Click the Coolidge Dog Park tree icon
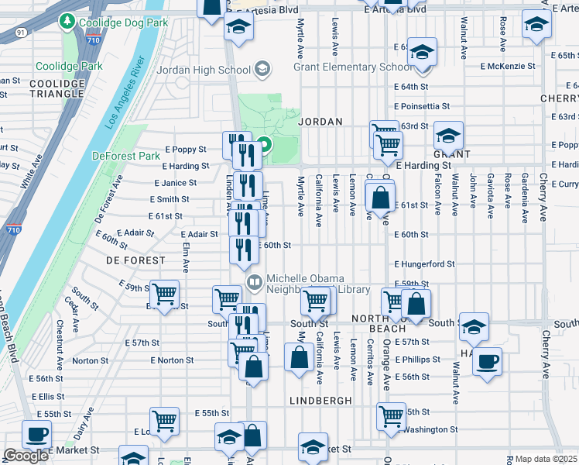pos(69,22)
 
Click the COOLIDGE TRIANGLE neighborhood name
pos(57,88)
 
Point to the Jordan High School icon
pos(262,70)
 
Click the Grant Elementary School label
pos(353,67)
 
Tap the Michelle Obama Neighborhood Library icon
pos(253,280)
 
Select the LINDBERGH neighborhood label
pos(320,400)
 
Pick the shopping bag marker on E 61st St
pos(380,198)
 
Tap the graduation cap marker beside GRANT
pos(448,136)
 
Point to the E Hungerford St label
pos(423,264)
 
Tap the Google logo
pos(26,456)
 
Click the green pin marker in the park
pos(264,145)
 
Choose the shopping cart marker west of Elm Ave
pos(165,294)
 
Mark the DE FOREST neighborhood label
pos(135,260)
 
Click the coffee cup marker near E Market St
pos(36,434)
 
